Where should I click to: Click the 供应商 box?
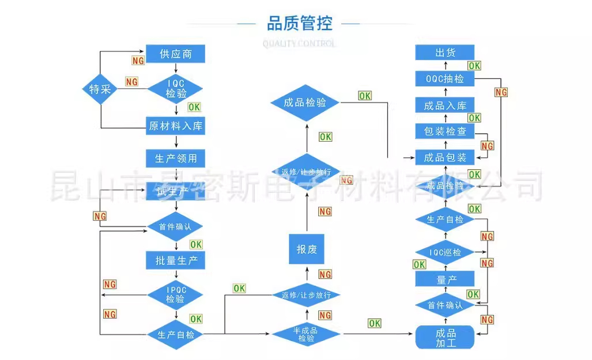tap(176, 55)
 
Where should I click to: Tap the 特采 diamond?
tap(100, 89)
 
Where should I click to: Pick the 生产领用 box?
tap(176, 158)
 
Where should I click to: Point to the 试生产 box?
tap(176, 191)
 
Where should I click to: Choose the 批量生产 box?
tap(176, 260)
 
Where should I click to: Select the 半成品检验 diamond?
tap(306, 334)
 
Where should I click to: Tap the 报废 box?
tap(307, 249)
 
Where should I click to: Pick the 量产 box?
tap(445, 279)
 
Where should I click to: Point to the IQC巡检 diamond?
tap(445, 252)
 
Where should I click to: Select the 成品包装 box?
tap(445, 157)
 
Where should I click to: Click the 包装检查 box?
tap(445, 131)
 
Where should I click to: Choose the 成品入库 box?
tap(445, 105)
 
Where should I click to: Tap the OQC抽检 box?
tap(445, 79)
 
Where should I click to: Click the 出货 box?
tap(445, 52)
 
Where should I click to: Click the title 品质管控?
tap(299, 24)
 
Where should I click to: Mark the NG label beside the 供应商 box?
tap(138, 60)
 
